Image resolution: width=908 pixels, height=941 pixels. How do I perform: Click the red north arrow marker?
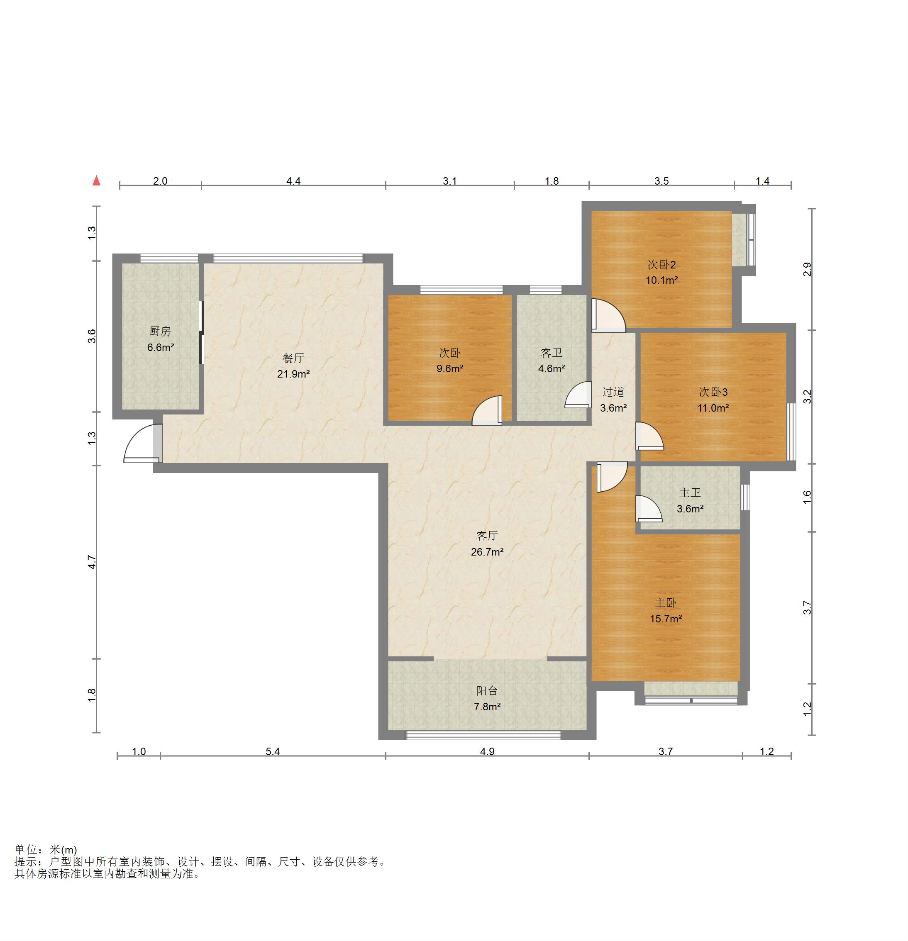point(97,180)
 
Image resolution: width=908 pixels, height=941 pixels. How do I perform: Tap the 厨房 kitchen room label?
point(160,331)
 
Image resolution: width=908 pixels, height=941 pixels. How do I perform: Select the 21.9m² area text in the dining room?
point(293,374)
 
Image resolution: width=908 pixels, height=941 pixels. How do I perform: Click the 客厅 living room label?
point(487,536)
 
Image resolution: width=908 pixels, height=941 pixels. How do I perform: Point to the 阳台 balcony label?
point(487,690)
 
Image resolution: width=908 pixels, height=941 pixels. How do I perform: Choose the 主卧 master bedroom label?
point(666,602)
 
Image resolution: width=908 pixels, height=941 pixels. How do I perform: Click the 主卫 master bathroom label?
point(690,492)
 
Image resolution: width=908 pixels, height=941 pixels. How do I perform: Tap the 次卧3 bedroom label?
point(713,392)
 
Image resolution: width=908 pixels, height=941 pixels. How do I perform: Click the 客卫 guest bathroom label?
point(551,353)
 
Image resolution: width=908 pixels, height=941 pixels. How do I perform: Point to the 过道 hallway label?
point(613,392)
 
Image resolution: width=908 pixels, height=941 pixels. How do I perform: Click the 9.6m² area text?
point(450,369)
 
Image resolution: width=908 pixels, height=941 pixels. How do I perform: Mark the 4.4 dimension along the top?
point(293,181)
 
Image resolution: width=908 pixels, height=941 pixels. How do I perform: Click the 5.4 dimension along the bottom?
point(273,751)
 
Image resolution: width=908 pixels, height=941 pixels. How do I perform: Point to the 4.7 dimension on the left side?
point(92,562)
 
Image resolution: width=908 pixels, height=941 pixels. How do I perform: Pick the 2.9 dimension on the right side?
point(807,269)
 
